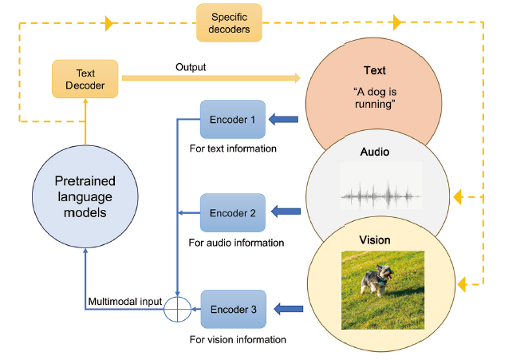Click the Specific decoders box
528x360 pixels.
230,23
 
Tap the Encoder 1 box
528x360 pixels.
232,120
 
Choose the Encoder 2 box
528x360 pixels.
232,213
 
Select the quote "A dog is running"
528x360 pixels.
374,97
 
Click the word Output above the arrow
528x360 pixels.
191,66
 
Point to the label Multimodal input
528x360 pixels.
124,301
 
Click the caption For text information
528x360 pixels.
233,148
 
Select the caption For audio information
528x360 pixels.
236,243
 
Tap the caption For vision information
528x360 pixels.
238,339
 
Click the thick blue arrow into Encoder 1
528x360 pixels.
283,120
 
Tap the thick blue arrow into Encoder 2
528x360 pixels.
286,212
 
